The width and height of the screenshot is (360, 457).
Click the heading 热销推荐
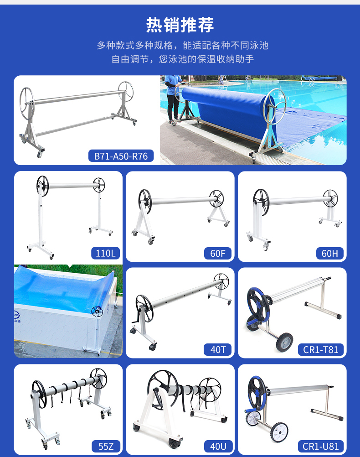pyautogui.click(x=180, y=25)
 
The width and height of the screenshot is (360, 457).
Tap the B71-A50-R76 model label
pyautogui.click(x=121, y=156)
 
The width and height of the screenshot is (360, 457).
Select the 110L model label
pyautogui.click(x=105, y=253)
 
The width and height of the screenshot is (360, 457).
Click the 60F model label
pyautogui.click(x=217, y=253)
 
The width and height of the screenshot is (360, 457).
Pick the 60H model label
pyautogui.click(x=330, y=253)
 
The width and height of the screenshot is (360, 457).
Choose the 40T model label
pyautogui.click(x=218, y=349)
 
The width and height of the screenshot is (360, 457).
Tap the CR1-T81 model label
pyautogui.click(x=321, y=349)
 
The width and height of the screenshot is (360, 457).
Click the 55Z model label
pyautogui.click(x=106, y=446)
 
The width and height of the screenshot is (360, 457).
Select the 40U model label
pyautogui.click(x=218, y=446)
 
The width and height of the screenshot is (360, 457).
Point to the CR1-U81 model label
pyautogui.click(x=321, y=446)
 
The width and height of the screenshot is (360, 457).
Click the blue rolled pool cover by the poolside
pyautogui.click(x=227, y=108)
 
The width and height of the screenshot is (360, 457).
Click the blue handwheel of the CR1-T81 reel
pyautogui.click(x=259, y=305)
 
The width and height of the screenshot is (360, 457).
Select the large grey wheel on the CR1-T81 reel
pyautogui.click(x=284, y=342)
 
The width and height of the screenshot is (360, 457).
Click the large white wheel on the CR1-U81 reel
pyautogui.click(x=279, y=432)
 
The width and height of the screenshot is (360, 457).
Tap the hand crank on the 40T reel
pyautogui.click(x=137, y=316)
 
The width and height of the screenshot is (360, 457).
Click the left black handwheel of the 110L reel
pyautogui.click(x=42, y=186)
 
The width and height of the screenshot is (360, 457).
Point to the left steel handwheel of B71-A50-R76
pyautogui.click(x=27, y=103)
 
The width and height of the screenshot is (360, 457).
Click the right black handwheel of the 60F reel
pyautogui.click(x=216, y=198)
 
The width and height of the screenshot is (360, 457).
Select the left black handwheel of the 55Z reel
pyautogui.click(x=39, y=394)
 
